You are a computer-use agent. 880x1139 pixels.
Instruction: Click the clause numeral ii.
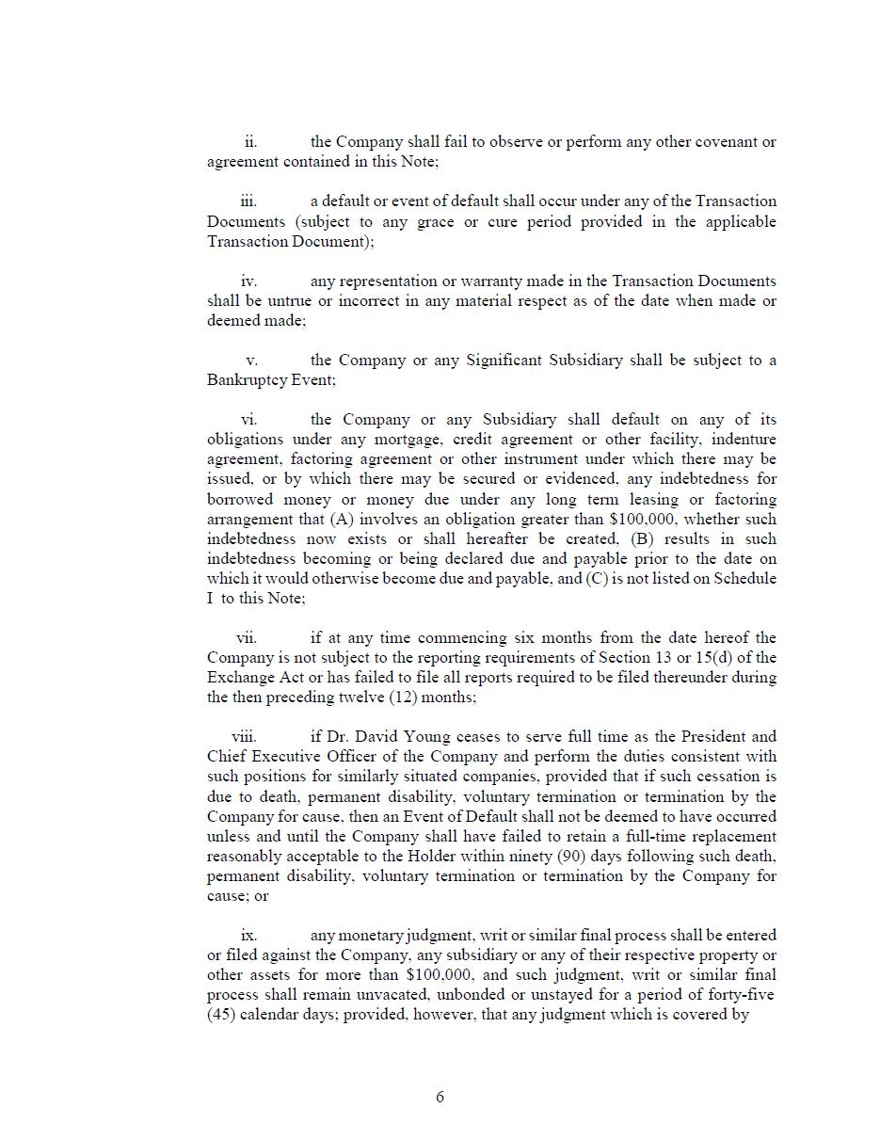[250, 142]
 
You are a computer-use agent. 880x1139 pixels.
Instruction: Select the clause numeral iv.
[248, 281]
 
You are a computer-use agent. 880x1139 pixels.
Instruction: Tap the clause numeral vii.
[246, 638]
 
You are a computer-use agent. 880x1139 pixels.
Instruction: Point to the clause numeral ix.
[248, 936]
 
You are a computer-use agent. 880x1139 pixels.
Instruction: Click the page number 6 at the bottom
[440, 1097]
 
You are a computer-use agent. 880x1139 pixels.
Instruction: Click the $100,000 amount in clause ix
[442, 976]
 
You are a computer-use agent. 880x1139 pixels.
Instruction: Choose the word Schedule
[744, 579]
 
